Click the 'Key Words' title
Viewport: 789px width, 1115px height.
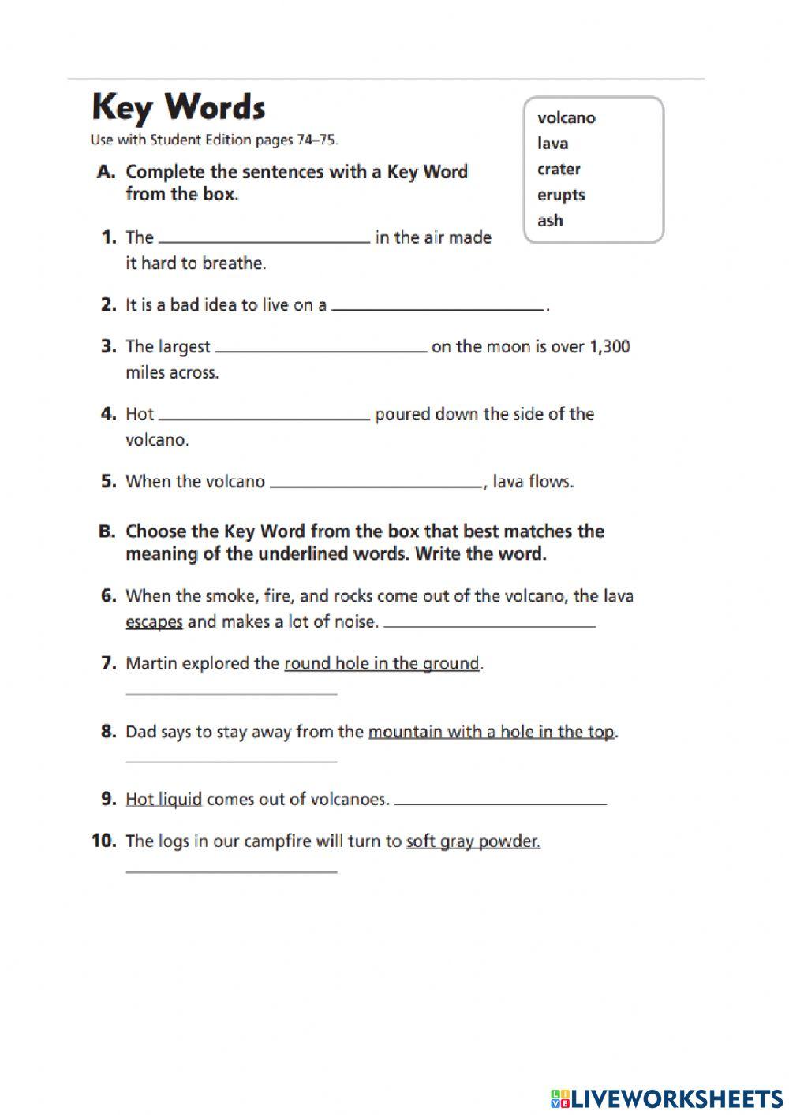pyautogui.click(x=178, y=107)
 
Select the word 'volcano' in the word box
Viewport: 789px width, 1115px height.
pyautogui.click(x=566, y=118)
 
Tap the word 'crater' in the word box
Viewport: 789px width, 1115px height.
pyautogui.click(x=559, y=170)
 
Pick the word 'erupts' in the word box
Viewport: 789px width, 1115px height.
pyautogui.click(x=561, y=195)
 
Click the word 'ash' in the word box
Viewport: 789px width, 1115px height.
pyautogui.click(x=550, y=221)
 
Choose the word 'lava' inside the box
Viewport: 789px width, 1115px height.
pyautogui.click(x=552, y=144)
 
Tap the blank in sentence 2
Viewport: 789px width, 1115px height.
pyautogui.click(x=438, y=308)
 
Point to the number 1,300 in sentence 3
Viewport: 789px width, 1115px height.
pyautogui.click(x=609, y=347)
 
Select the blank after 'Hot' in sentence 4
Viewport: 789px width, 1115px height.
pyautogui.click(x=264, y=416)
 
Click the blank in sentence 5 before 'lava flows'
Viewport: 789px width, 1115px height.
pyautogui.click(x=376, y=484)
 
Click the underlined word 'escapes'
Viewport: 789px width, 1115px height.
pyautogui.click(x=154, y=622)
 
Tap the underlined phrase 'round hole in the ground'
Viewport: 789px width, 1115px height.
pyautogui.click(x=381, y=664)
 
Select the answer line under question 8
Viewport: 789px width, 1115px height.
pyautogui.click(x=231, y=760)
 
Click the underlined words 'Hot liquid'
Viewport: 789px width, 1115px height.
pyautogui.click(x=163, y=800)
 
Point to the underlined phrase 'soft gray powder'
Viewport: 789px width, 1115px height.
pyautogui.click(x=473, y=841)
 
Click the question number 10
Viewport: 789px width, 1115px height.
pyautogui.click(x=104, y=841)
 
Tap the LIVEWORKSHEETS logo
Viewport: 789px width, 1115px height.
pyautogui.click(x=667, y=1098)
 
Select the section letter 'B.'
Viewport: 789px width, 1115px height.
pyautogui.click(x=107, y=531)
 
